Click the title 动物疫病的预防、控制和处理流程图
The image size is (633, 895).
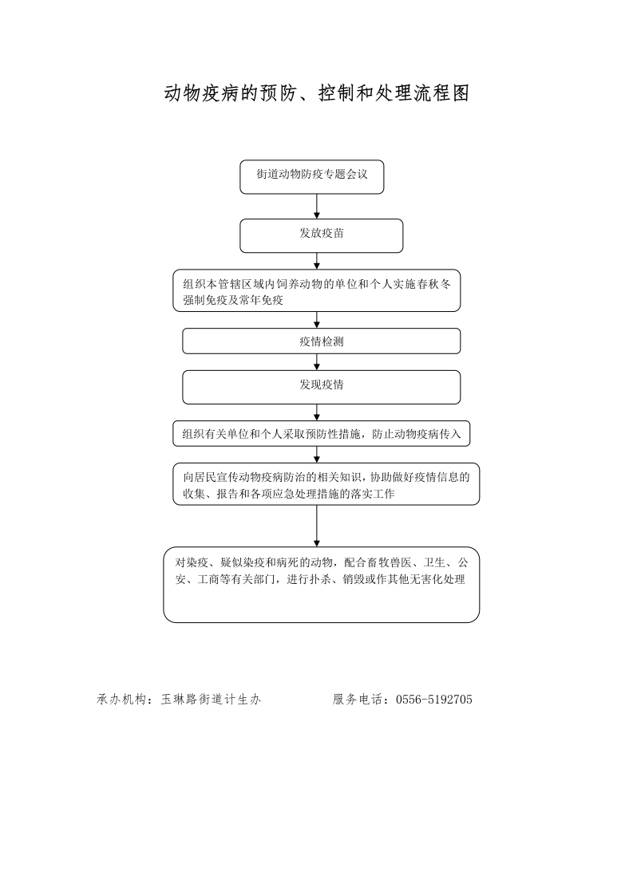click(x=316, y=93)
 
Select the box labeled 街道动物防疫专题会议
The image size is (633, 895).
click(x=311, y=177)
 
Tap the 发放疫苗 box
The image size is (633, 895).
click(x=321, y=236)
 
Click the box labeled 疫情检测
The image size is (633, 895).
click(x=321, y=341)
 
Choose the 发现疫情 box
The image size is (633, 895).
click(x=321, y=387)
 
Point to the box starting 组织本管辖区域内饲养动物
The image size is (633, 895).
click(x=316, y=290)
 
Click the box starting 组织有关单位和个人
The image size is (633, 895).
click(x=321, y=434)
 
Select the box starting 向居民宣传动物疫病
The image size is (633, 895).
click(x=326, y=484)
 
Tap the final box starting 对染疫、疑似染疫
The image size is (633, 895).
click(x=321, y=585)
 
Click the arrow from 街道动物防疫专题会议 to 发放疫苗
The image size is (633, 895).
click(x=316, y=206)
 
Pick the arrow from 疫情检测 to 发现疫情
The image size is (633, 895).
click(x=316, y=362)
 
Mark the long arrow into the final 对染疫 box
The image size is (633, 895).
click(x=316, y=526)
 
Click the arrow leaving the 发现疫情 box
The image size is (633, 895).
click(x=316, y=412)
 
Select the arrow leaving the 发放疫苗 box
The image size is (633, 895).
click(x=316, y=261)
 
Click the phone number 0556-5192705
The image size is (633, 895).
click(x=434, y=700)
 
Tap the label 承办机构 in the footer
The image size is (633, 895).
click(x=121, y=700)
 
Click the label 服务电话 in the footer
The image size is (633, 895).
click(x=357, y=700)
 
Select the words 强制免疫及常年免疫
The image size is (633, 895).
click(x=233, y=300)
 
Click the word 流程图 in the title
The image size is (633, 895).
click(x=442, y=93)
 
